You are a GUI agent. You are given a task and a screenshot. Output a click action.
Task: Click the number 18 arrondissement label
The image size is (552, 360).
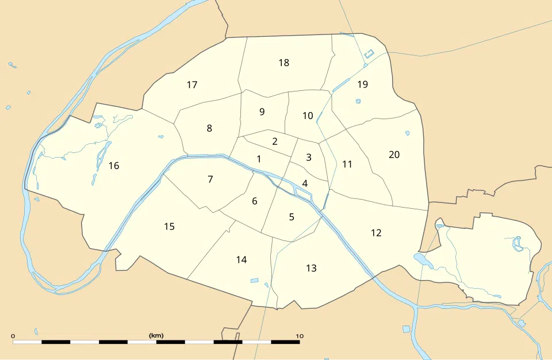click(283, 63)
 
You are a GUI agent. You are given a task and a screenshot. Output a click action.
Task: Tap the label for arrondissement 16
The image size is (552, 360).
click(114, 166)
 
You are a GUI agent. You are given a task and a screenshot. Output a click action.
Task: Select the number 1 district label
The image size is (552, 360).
click(259, 159)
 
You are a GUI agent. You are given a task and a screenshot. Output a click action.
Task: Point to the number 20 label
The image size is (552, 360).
click(394, 154)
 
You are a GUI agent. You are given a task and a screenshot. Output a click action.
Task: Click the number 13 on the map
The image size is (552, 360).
click(311, 268)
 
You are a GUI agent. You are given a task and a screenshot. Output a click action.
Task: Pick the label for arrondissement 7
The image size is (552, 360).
click(210, 179)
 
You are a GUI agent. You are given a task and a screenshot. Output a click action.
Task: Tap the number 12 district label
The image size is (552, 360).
click(376, 233)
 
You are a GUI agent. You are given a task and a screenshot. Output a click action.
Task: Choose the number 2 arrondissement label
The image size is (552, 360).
click(275, 141)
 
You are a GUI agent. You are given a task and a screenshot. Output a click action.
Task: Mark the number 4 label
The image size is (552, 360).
click(305, 183)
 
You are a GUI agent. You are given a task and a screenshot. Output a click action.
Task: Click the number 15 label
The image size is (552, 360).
click(169, 226)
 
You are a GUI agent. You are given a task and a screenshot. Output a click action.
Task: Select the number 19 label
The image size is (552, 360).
click(362, 85)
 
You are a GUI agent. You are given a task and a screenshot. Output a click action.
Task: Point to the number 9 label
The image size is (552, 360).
click(262, 112)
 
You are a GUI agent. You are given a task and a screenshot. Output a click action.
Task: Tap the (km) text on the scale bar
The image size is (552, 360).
click(156, 335)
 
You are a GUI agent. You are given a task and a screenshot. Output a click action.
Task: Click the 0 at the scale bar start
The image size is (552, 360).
click(13, 335)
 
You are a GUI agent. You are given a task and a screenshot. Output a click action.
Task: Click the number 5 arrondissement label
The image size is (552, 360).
click(292, 217)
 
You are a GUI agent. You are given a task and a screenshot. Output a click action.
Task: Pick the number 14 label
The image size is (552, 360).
click(241, 260)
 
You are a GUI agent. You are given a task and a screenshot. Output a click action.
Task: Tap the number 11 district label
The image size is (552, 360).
click(347, 164)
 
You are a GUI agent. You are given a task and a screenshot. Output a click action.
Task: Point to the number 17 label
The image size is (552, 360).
click(192, 85)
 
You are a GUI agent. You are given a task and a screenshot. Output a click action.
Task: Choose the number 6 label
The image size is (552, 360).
click(254, 201)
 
